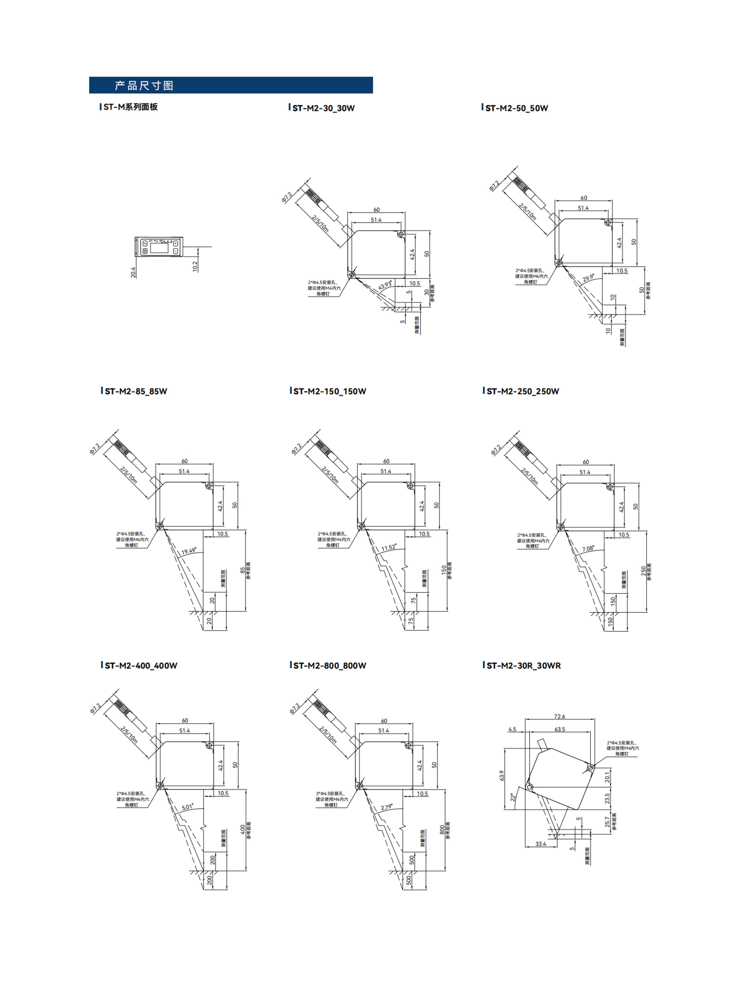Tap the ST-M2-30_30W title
[323, 108]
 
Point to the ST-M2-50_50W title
[516, 108]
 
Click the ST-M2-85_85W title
[135, 391]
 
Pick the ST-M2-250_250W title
[522, 391]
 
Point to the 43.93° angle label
[385, 285]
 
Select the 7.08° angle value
[588, 549]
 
